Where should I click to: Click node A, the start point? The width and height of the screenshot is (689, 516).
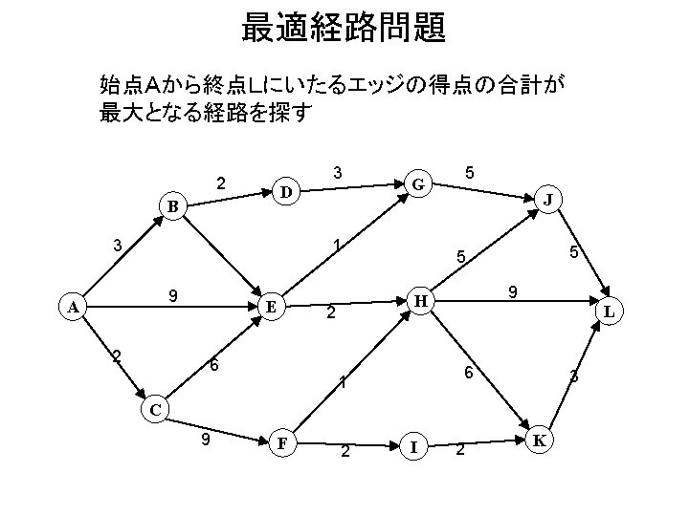click(73, 308)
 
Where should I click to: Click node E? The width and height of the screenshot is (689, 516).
click(272, 308)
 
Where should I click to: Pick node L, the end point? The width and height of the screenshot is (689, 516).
click(610, 312)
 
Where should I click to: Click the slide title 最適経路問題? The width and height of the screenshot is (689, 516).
click(344, 29)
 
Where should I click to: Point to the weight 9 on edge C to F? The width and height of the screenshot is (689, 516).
click(205, 440)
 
